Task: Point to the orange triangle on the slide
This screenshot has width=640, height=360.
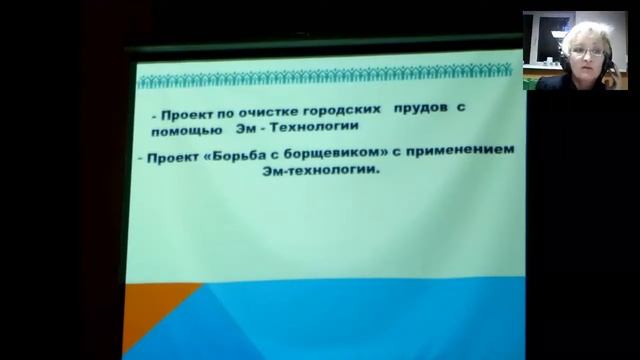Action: point(150,320)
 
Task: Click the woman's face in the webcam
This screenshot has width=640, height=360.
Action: point(579,55)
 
